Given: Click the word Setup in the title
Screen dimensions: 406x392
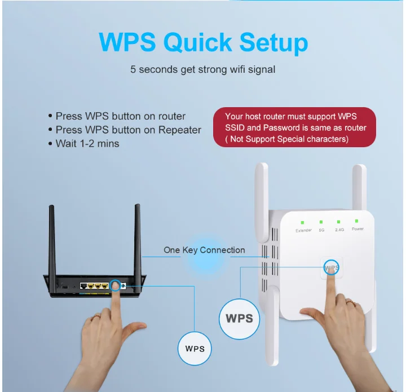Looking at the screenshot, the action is pyautogui.click(x=273, y=43).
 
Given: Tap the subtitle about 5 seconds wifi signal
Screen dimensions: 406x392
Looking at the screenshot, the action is pyautogui.click(x=202, y=71).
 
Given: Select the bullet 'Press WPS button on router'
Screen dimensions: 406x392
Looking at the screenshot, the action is pyautogui.click(x=120, y=116).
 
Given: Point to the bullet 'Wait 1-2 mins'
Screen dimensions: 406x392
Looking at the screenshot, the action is pyautogui.click(x=87, y=143).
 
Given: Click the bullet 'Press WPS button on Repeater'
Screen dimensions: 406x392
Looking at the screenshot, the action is pyautogui.click(x=128, y=130).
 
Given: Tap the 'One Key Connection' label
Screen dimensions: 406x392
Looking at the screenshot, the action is pyautogui.click(x=204, y=250).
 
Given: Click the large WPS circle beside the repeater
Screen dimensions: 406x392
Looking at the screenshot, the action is pyautogui.click(x=239, y=318).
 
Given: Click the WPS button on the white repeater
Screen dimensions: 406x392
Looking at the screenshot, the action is pyautogui.click(x=332, y=267).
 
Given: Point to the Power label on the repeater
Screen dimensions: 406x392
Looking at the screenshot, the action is pyautogui.click(x=358, y=230).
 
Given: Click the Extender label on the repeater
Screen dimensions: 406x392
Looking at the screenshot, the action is pyautogui.click(x=303, y=230).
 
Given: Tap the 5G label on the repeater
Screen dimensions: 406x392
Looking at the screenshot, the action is pyautogui.click(x=321, y=230).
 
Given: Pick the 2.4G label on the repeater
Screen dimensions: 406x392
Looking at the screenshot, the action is pyautogui.click(x=339, y=230).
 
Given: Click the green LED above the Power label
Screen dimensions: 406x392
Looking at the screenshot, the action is pyautogui.click(x=357, y=221).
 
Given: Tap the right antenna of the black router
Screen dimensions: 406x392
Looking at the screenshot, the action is pyautogui.click(x=137, y=237).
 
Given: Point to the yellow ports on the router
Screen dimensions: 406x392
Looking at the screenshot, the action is pyautogui.click(x=94, y=285).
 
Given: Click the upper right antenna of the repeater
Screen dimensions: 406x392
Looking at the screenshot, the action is pyautogui.click(x=359, y=186).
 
